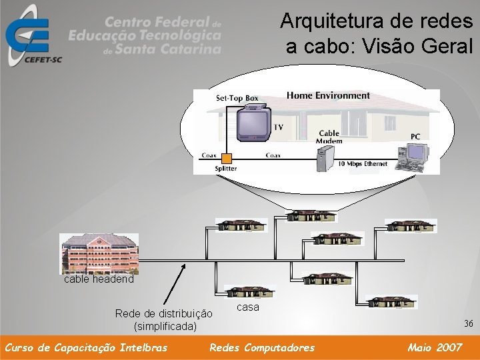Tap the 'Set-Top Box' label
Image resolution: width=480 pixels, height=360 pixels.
[237, 98]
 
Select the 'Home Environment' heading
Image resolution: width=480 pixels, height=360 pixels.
[328, 95]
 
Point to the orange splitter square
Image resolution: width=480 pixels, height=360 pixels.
[227, 158]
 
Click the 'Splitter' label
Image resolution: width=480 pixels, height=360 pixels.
[225, 169]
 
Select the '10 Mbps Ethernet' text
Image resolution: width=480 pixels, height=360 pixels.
[363, 164]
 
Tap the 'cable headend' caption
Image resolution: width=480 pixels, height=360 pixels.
[99, 279]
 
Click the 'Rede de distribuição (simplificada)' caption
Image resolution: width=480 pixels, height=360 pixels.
[164, 319]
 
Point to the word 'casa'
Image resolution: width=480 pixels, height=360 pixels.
[248, 307]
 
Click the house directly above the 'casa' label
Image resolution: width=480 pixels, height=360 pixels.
[248, 293]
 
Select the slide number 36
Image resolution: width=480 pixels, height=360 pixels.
[469, 323]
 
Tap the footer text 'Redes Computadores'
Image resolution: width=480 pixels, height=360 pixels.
[262, 347]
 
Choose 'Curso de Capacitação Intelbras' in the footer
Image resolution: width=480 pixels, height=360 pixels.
[86, 347]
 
